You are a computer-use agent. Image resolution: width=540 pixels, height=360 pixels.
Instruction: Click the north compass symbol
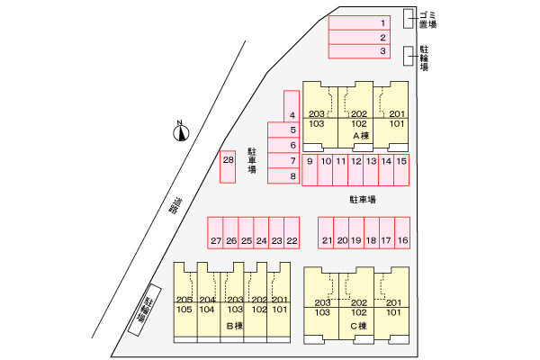tap(182, 134)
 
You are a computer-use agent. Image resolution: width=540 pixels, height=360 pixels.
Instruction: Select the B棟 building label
tap(232, 326)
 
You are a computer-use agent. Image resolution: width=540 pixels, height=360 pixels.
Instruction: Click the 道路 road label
tap(173, 207)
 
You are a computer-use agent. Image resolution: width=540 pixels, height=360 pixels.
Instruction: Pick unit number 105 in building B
tap(184, 310)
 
